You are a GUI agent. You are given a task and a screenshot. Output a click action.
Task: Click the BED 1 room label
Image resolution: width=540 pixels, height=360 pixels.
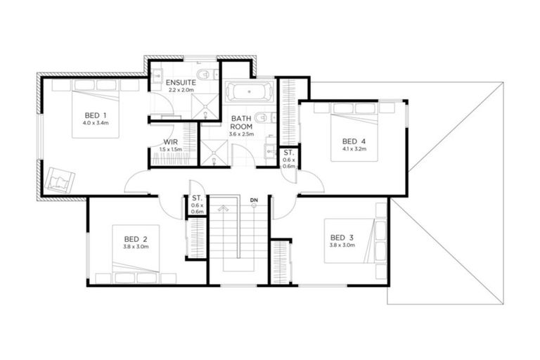[96, 115]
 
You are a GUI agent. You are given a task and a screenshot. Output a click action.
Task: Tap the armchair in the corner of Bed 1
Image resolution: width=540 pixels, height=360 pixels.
[58, 179]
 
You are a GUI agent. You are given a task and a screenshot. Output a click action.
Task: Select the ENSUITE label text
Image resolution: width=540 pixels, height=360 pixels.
[181, 82]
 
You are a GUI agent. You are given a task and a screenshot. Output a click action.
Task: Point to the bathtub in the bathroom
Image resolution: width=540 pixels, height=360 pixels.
[248, 93]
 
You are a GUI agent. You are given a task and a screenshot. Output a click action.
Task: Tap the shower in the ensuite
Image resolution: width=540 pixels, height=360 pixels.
[206, 106]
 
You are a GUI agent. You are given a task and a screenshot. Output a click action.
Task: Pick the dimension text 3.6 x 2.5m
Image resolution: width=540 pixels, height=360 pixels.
[240, 134]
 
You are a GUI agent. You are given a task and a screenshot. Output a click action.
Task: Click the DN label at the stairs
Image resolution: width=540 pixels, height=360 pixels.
[253, 201]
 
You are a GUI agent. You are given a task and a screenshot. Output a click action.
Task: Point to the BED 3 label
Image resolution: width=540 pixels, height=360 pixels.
[341, 237]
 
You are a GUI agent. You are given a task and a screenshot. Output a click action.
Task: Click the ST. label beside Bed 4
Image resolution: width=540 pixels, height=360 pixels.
[288, 153]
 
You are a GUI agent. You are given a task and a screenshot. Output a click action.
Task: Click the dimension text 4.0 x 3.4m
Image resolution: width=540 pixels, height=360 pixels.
[96, 123]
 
